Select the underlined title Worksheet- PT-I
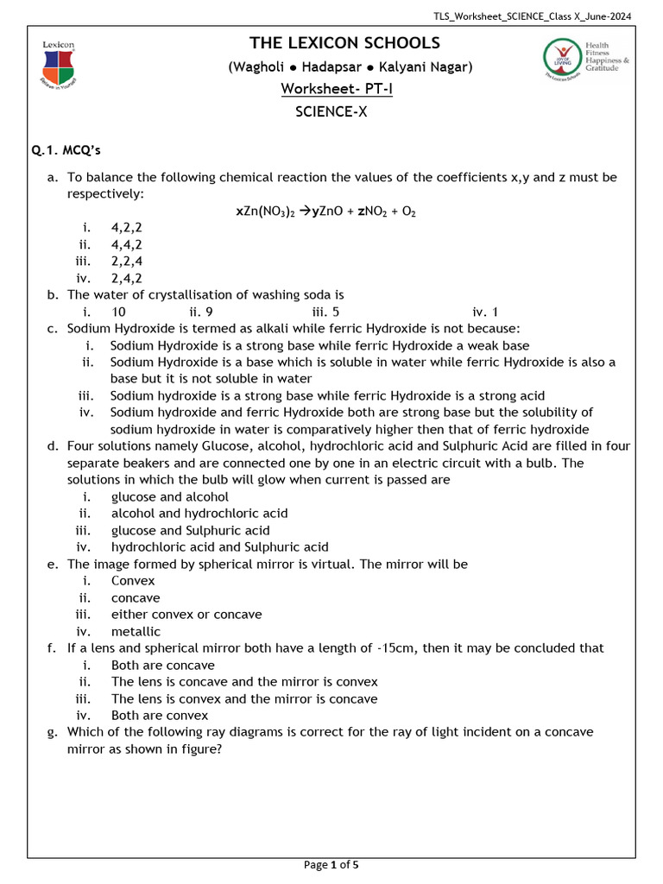pos(337,89)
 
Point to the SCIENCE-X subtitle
pos(331,111)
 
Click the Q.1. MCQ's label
pos(66,151)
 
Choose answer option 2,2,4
pos(127,262)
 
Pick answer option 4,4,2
pos(127,244)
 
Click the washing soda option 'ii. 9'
pos(200,312)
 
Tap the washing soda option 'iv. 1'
pos(485,312)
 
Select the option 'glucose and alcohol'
pos(169,496)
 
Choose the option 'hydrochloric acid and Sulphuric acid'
pos(219,546)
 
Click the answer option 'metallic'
pos(136,631)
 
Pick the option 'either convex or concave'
pos(186,615)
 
